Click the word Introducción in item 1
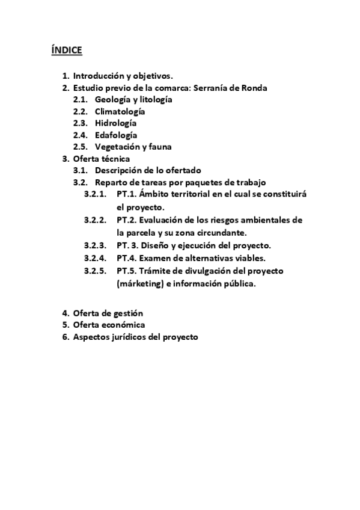(98, 76)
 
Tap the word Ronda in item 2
(254, 88)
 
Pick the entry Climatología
(120, 111)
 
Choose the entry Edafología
(115, 135)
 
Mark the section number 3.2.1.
(95, 194)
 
